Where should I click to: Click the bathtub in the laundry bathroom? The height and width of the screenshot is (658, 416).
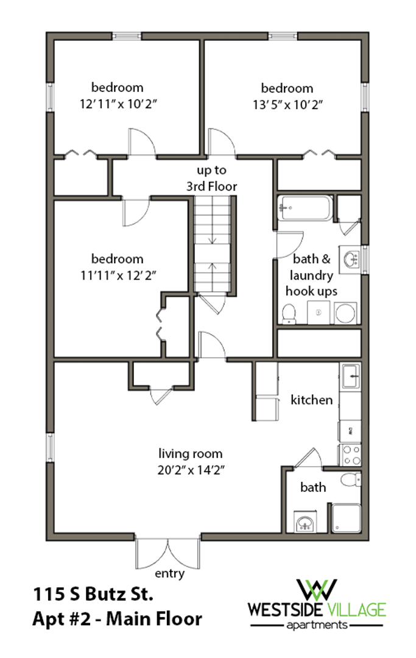point(305,208)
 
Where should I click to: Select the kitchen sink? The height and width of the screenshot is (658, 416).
point(351,376)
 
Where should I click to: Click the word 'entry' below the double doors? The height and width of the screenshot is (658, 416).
point(170,574)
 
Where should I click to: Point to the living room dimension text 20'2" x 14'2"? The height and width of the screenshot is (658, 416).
point(191,470)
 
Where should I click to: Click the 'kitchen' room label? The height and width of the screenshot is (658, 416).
point(312,400)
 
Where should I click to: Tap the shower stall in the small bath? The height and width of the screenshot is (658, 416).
point(346,518)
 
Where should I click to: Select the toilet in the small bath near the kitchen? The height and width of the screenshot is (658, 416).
point(351,479)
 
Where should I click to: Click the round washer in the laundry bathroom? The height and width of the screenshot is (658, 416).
point(345,313)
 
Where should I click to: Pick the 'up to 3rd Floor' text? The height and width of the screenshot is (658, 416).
point(212,179)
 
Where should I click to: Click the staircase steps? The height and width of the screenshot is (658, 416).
point(213,244)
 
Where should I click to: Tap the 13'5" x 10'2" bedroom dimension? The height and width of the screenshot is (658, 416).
point(287,105)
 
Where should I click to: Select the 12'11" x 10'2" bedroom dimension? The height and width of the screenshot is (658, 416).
point(118,104)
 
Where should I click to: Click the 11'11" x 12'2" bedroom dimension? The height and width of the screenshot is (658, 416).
point(118,275)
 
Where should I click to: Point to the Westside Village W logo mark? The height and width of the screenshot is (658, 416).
point(317,590)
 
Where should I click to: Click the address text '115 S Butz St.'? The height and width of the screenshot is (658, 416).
point(93,594)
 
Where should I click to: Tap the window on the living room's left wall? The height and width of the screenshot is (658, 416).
point(50,447)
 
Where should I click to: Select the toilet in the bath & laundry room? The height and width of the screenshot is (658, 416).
point(289,314)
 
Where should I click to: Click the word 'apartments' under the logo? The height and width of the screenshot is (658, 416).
point(317,626)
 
